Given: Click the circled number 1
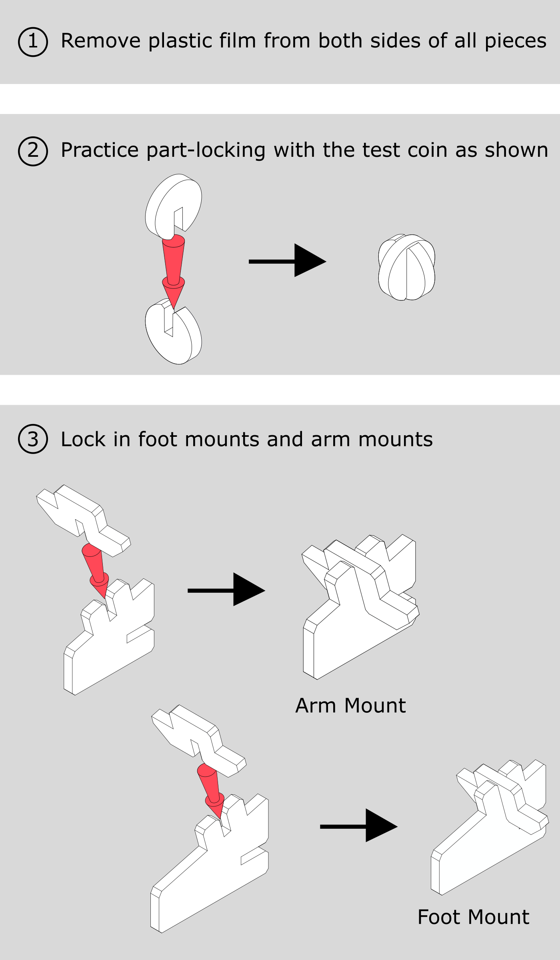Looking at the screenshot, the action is [x=33, y=42].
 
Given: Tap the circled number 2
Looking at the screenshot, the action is [x=33, y=151].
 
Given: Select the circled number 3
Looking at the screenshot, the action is [x=33, y=439].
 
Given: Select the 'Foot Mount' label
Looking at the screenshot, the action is [x=473, y=917].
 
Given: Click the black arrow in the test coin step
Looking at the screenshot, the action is [x=287, y=261].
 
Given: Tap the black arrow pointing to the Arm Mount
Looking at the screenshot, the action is [x=226, y=590].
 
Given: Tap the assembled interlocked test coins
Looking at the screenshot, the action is [x=406, y=267].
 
